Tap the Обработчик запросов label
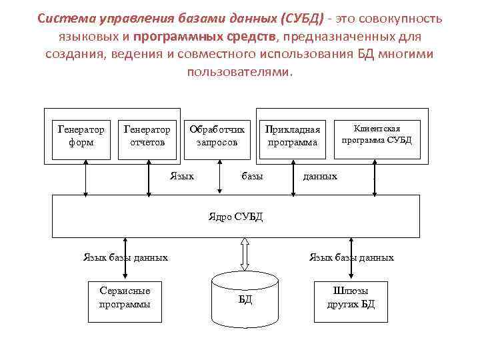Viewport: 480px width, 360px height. (x=217, y=135)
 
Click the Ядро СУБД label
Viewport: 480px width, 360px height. (x=236, y=215)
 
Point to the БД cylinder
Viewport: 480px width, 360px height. (x=245, y=300)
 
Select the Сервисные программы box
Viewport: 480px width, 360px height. (x=124, y=297)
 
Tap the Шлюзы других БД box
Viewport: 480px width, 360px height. (x=351, y=297)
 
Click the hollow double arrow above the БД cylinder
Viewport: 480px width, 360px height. (x=245, y=254)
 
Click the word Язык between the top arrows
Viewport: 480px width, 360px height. (x=182, y=176)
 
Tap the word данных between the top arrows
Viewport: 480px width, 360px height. (x=320, y=176)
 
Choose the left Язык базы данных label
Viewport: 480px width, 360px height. (x=125, y=257)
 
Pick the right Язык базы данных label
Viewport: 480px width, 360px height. (x=351, y=257)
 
